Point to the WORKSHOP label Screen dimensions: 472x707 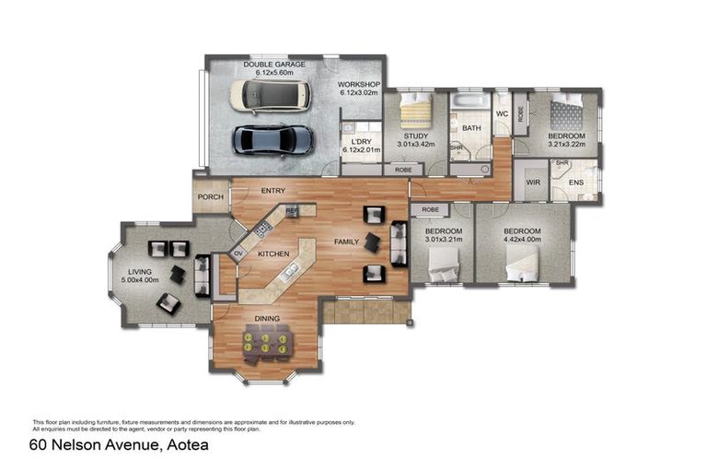click(x=360, y=85)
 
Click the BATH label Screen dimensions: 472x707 click(x=472, y=128)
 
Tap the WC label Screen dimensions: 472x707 click(x=502, y=113)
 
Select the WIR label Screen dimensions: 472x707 click(x=531, y=183)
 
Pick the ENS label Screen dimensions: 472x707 click(x=576, y=183)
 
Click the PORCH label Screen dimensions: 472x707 click(x=212, y=195)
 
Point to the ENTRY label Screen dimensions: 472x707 click(x=272, y=191)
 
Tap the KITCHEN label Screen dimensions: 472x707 click(x=273, y=253)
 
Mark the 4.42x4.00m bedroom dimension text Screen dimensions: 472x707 click(x=522, y=240)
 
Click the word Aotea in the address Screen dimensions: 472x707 click(x=185, y=445)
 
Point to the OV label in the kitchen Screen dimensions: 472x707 click(x=238, y=253)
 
